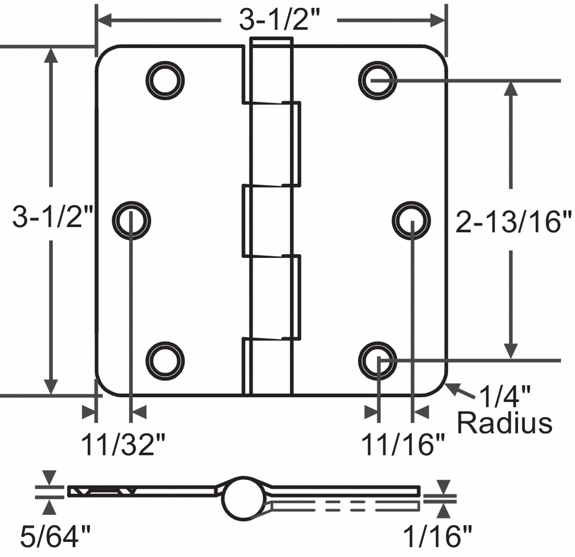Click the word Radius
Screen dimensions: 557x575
point(505,424)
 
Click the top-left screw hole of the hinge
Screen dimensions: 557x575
point(165,80)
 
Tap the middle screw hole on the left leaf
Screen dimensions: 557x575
point(132,220)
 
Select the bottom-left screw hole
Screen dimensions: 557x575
point(165,361)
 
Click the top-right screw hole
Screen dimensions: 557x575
point(377,80)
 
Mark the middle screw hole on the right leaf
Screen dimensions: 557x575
point(411,220)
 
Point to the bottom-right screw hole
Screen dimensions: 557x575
point(377,361)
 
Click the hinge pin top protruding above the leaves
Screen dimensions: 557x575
point(271,41)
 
